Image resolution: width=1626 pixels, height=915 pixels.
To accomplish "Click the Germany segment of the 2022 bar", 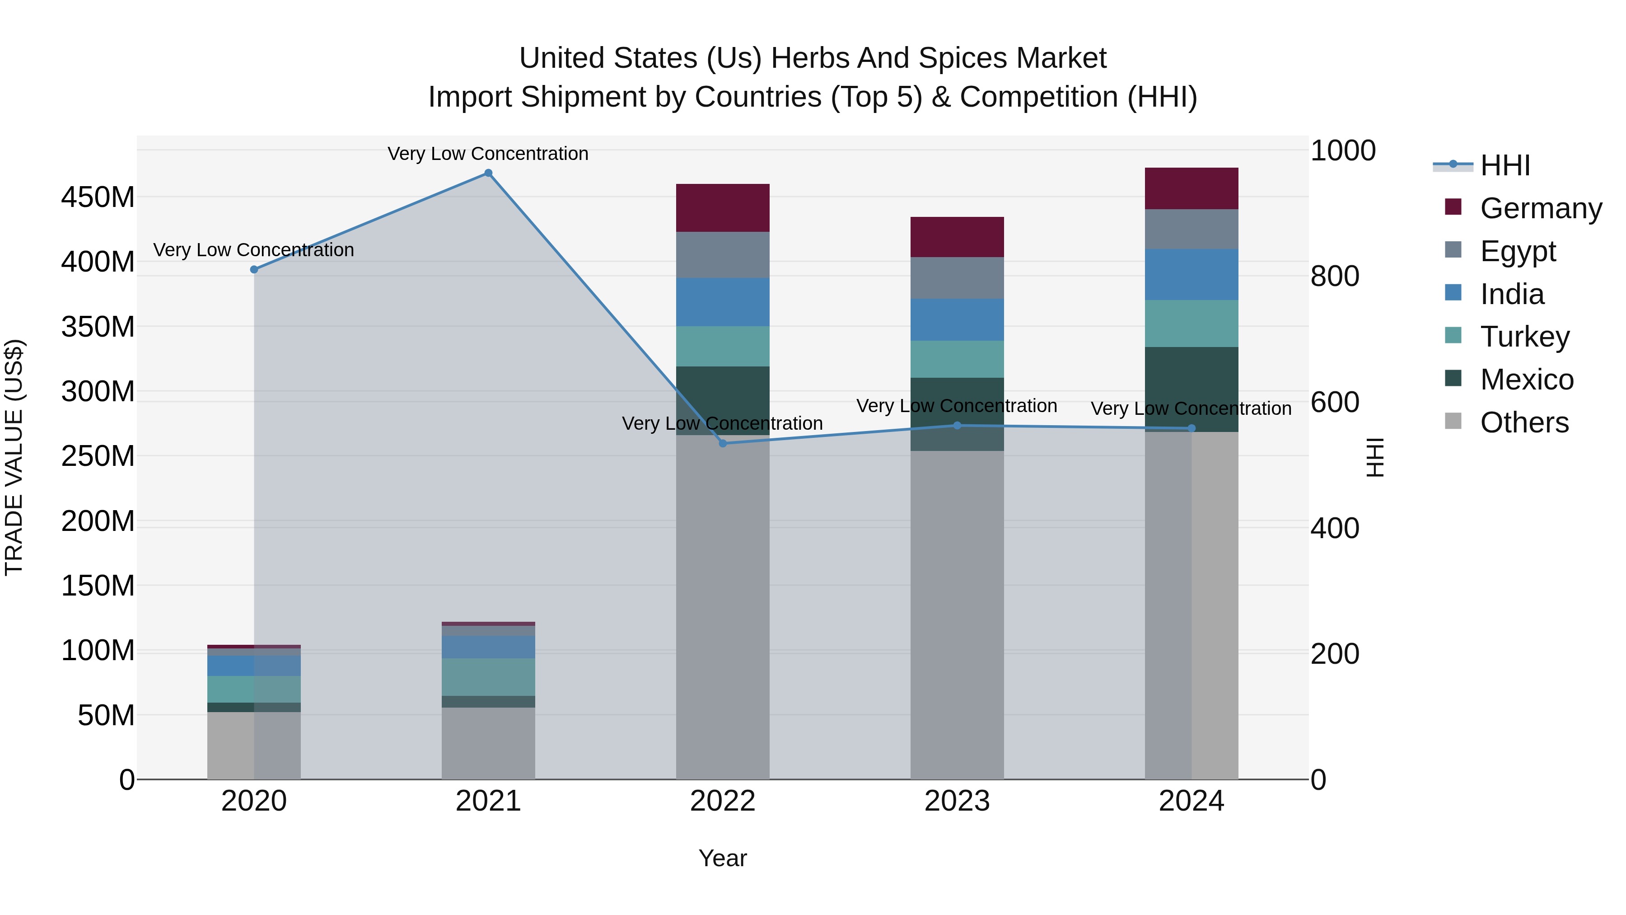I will [723, 208].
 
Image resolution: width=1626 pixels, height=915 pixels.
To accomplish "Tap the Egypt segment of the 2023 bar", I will [957, 278].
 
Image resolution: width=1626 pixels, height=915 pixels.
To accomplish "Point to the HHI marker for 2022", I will [723, 443].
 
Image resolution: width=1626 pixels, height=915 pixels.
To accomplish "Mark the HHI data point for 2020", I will [254, 270].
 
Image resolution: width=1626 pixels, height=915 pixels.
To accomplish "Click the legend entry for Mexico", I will [1526, 380].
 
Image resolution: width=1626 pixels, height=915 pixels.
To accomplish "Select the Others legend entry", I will [1524, 422].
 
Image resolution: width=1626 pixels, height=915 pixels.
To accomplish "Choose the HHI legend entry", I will [1505, 165].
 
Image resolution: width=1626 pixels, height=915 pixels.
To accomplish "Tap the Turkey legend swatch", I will [1453, 336].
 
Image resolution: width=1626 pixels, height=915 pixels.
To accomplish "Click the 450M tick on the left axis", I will [98, 197].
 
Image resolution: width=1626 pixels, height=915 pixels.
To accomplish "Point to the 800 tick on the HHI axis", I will [1335, 277].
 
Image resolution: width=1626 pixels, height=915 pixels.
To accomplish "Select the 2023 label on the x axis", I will [957, 801].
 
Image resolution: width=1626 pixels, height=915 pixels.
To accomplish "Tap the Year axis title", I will [723, 858].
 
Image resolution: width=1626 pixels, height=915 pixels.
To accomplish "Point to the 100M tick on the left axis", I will [98, 650].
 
